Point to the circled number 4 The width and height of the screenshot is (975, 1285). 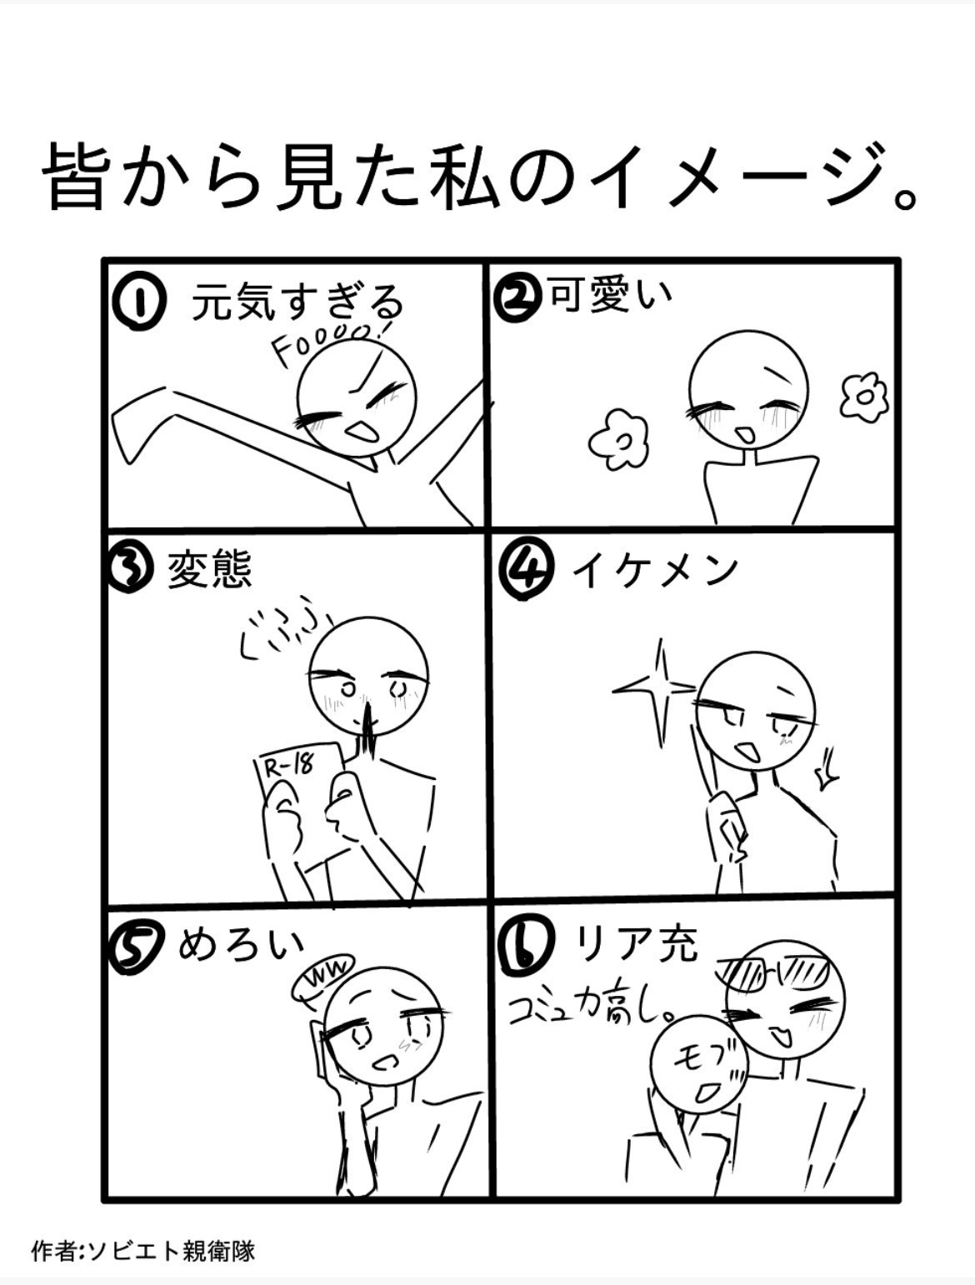click(x=525, y=569)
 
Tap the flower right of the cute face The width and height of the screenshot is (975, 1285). click(x=863, y=396)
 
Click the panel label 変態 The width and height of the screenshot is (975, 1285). click(x=209, y=570)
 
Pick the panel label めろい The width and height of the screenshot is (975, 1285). click(x=241, y=948)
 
